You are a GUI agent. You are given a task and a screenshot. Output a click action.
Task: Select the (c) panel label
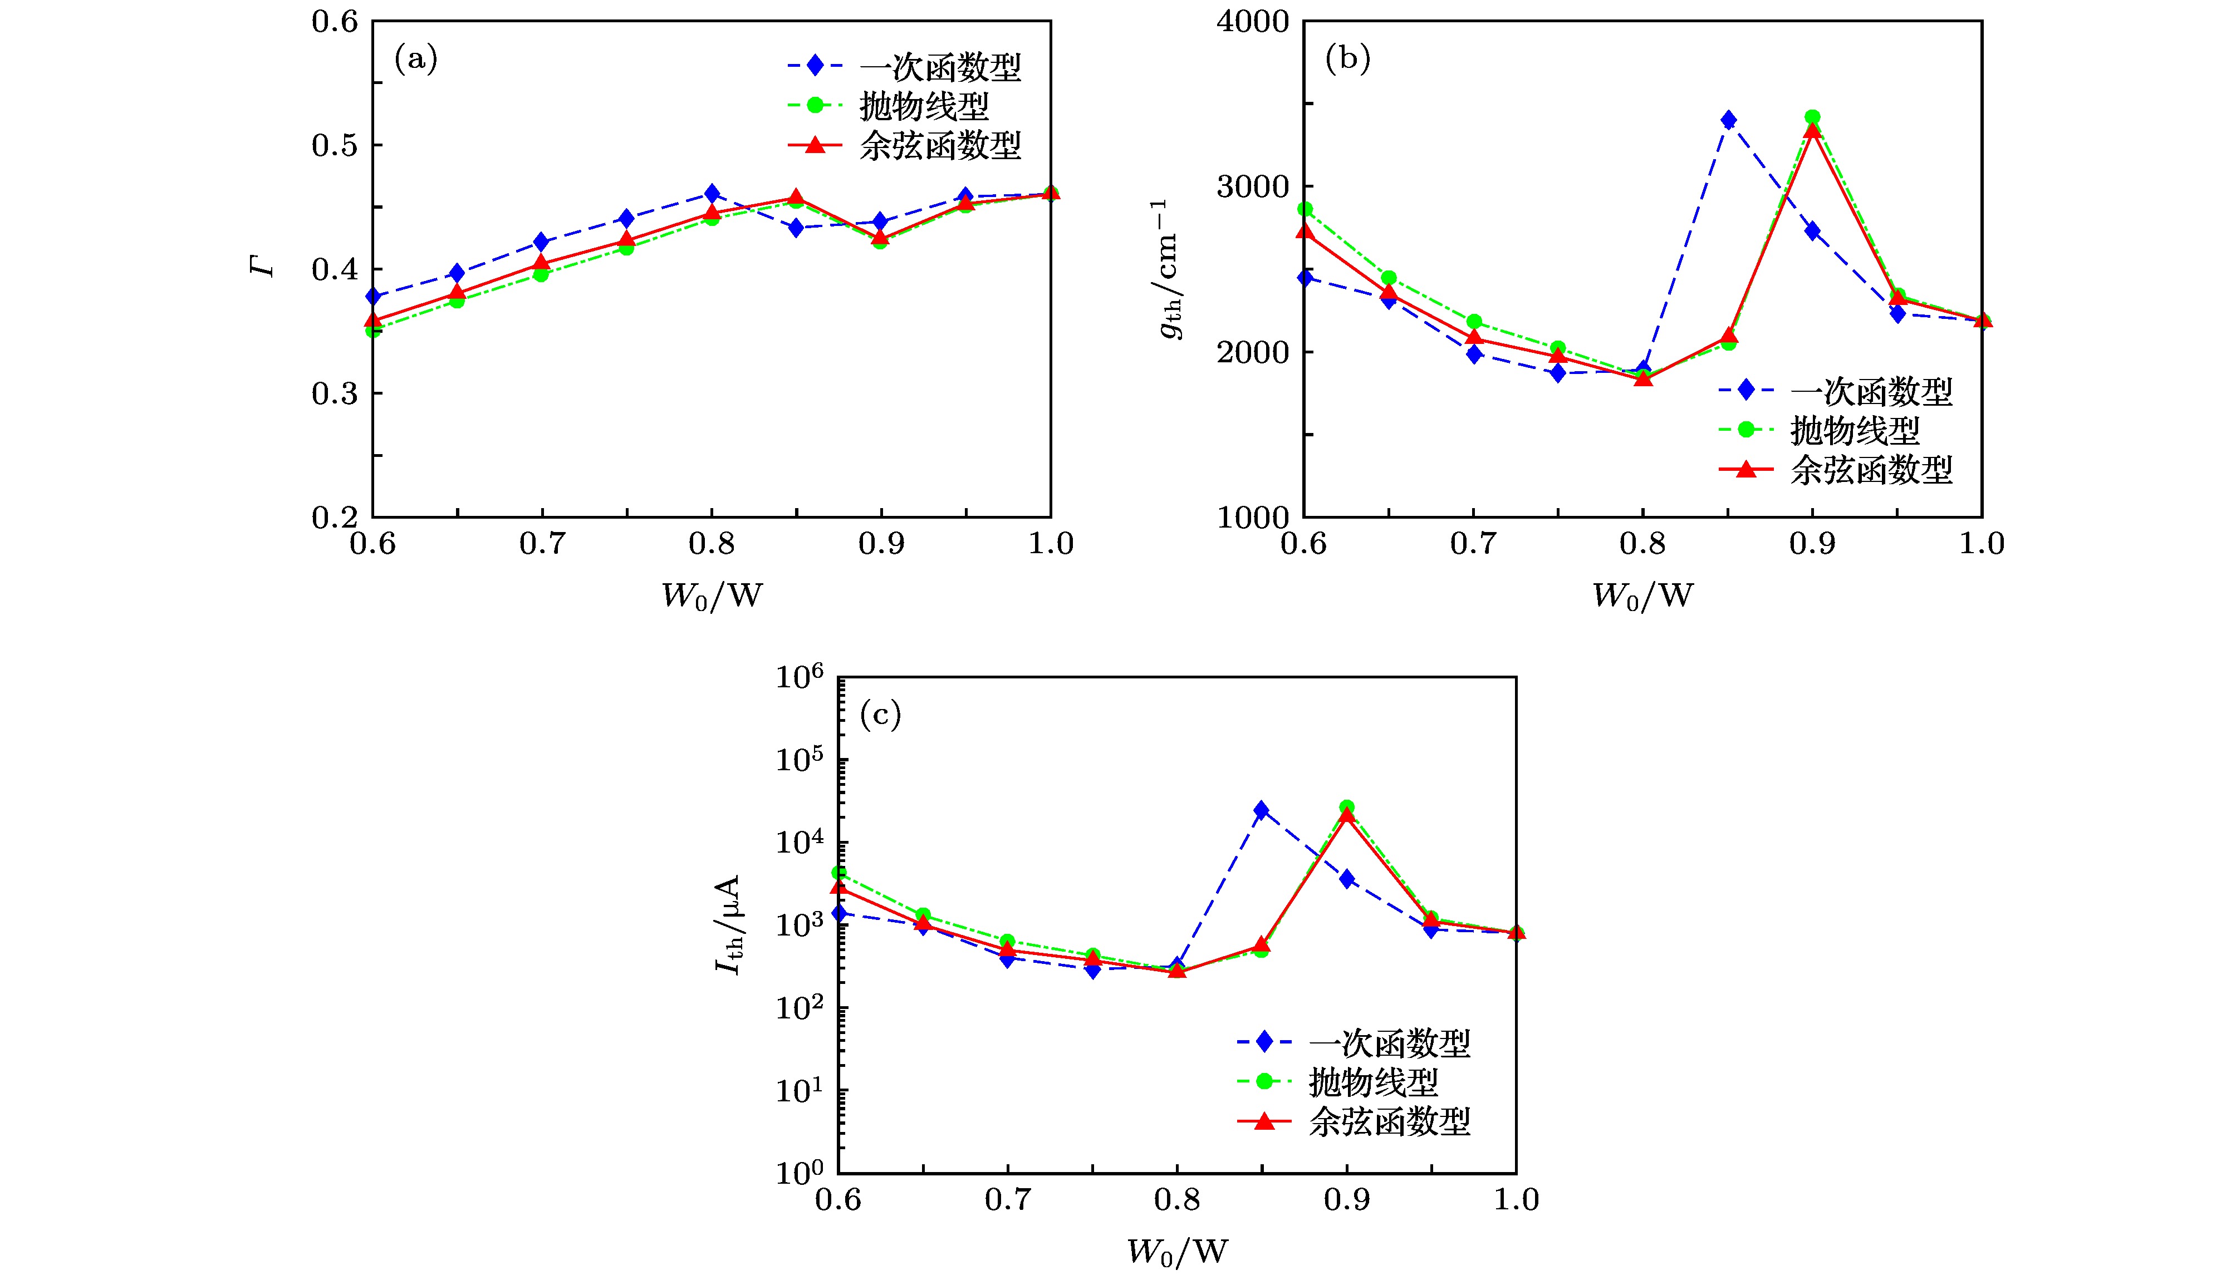pyautogui.click(x=880, y=716)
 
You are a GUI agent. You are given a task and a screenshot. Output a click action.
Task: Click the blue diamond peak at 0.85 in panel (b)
pyautogui.click(x=1728, y=120)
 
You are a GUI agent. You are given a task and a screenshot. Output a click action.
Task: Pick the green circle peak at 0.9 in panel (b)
pyautogui.click(x=1812, y=117)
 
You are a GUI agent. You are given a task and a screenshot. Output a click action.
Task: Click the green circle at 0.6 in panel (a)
pyautogui.click(x=373, y=329)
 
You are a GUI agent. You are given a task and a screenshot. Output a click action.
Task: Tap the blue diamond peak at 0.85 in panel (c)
pyautogui.click(x=1261, y=810)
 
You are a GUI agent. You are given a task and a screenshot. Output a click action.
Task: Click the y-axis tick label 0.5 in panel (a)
pyautogui.click(x=335, y=145)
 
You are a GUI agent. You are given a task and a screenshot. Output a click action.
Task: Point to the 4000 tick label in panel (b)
pyautogui.click(x=1252, y=22)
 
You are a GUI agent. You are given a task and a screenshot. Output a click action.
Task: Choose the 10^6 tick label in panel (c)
pyautogui.click(x=799, y=677)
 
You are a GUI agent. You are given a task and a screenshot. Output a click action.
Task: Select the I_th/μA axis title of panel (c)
pyautogui.click(x=728, y=925)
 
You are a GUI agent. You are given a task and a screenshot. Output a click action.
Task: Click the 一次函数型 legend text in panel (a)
pyautogui.click(x=940, y=67)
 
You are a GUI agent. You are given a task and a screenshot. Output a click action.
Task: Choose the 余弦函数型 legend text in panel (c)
pyautogui.click(x=1389, y=1122)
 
